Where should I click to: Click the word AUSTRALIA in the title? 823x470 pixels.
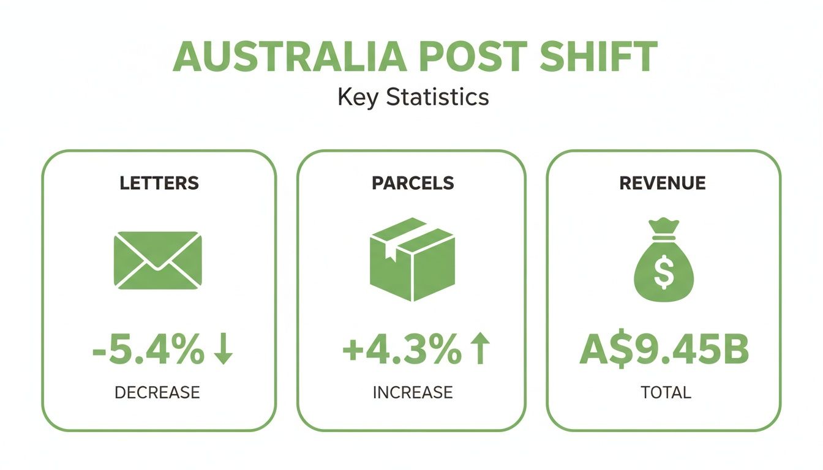[288, 56]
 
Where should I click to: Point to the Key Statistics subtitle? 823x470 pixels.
[413, 97]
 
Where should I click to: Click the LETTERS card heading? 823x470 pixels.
[159, 183]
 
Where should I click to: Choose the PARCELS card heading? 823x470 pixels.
[413, 183]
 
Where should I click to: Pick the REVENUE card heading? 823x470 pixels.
[663, 183]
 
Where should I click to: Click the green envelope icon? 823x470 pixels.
[158, 259]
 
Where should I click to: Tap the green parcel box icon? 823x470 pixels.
[412, 259]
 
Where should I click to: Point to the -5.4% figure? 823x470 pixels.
[148, 351]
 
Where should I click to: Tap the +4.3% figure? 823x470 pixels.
[400, 351]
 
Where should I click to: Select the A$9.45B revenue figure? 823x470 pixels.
[664, 351]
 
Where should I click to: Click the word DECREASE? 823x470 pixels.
[157, 392]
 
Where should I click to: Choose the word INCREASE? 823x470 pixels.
[413, 392]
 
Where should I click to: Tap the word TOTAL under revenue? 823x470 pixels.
[666, 392]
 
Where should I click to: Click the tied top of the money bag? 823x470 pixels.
[664, 228]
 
